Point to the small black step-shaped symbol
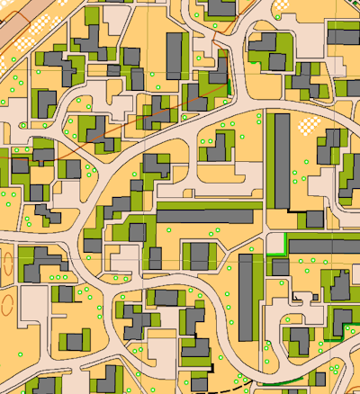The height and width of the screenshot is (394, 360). point(294,296)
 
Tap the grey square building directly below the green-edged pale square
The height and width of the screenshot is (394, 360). point(280,267)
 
